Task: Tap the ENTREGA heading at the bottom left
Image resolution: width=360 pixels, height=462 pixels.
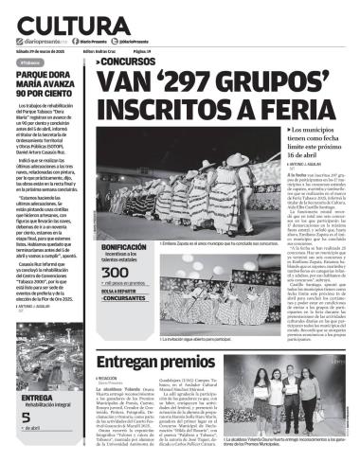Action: point(36,398)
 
